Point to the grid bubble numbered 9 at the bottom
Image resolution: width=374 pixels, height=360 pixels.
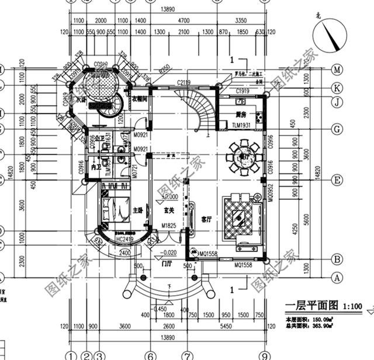pyautogui.click(x=265, y=355)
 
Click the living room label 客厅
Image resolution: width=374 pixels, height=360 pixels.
pyautogui.click(x=207, y=220)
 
